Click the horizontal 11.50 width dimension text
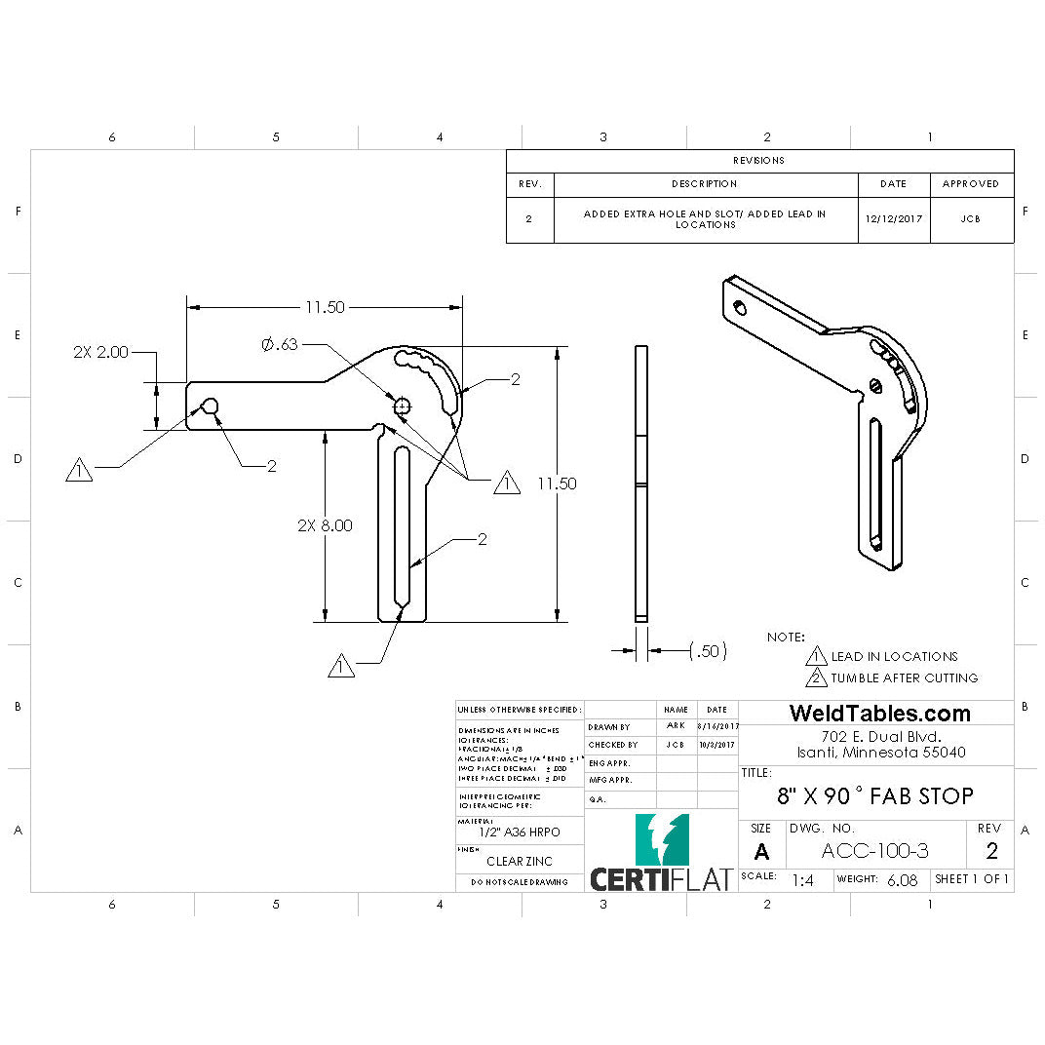(325, 307)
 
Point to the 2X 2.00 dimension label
(100, 353)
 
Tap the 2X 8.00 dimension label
(325, 524)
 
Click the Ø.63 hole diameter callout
(279, 344)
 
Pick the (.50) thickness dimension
(708, 651)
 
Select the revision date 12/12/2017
(892, 219)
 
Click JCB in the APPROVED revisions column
(970, 219)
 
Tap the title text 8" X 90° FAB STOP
(874, 796)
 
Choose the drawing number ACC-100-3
(874, 851)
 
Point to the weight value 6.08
(901, 879)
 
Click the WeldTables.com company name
(879, 714)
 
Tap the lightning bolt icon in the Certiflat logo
(663, 839)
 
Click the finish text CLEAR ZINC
(519, 861)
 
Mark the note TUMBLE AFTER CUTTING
(904, 677)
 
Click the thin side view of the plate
(640, 484)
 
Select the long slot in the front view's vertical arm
(401, 525)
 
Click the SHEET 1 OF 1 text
(971, 879)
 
